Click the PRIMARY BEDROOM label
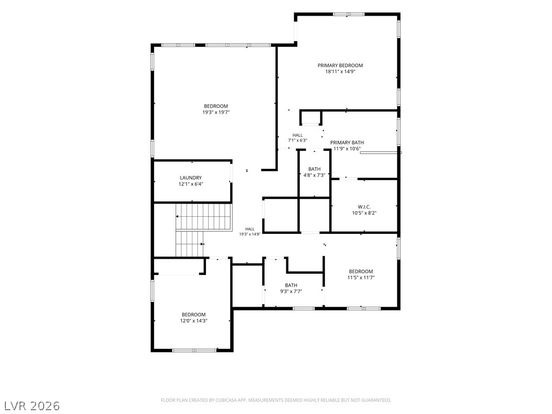click(340, 65)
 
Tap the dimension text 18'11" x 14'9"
click(340, 72)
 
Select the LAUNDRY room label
click(191, 178)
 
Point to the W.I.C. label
click(364, 207)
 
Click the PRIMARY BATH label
click(347, 142)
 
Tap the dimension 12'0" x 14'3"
click(194, 321)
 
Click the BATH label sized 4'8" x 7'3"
click(314, 169)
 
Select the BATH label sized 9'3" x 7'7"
click(291, 285)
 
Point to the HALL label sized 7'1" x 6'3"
click(298, 135)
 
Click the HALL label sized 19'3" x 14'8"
click(250, 229)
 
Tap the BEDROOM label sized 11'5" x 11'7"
click(361, 272)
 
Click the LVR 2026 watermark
click(31, 406)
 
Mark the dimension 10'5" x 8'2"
click(364, 213)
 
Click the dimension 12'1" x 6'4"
click(191, 184)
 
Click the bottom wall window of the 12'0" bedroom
click(194, 350)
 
